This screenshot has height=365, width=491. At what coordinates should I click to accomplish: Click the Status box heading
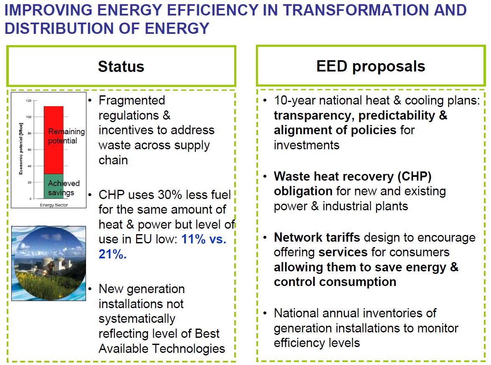click(121, 66)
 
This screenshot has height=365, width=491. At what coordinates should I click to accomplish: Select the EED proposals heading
click(371, 66)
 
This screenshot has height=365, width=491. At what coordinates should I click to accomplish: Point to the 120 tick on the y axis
click(29, 101)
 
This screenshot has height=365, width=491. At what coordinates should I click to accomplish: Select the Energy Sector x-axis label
click(53, 205)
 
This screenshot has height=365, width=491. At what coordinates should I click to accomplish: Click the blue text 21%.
click(112, 255)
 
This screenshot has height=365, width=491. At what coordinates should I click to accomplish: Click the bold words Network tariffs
click(317, 237)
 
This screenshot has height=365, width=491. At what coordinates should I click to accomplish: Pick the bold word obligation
click(303, 191)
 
